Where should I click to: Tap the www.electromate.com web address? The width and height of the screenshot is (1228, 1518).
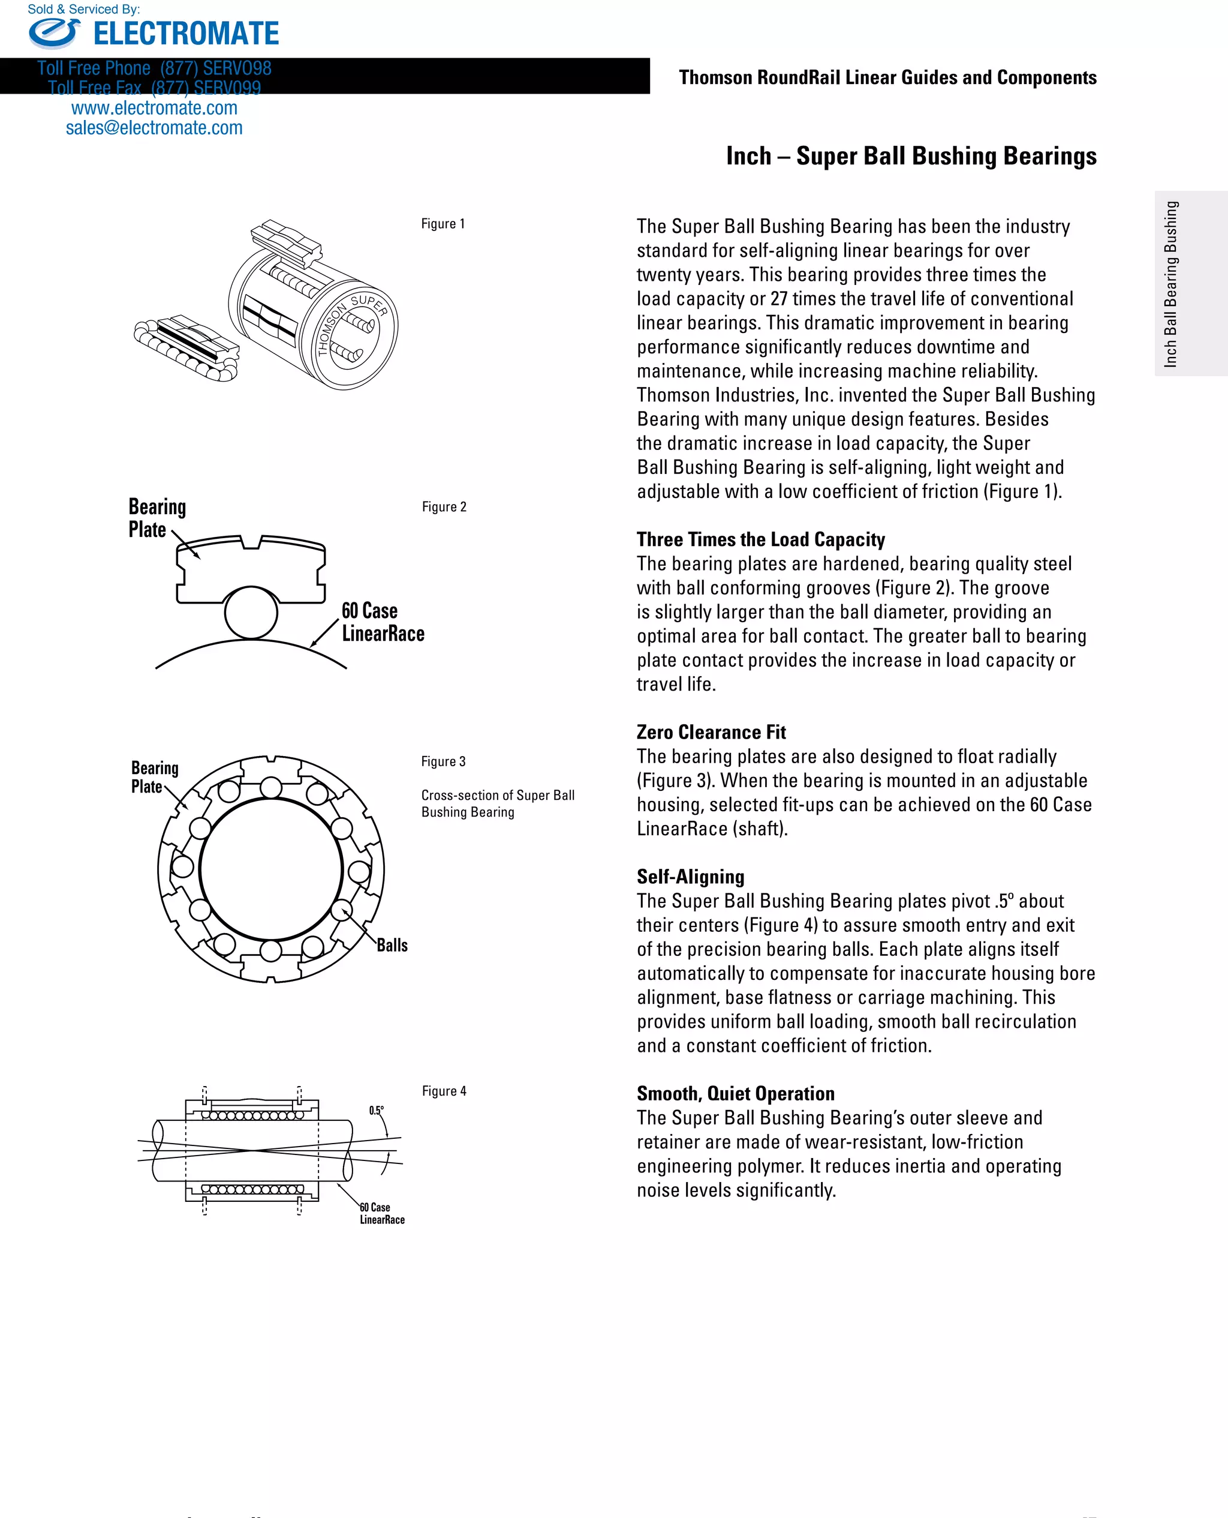pyautogui.click(x=154, y=108)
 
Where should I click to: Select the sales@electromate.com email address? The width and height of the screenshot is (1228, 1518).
pyautogui.click(x=154, y=128)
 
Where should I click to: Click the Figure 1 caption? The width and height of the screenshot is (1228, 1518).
pyautogui.click(x=443, y=224)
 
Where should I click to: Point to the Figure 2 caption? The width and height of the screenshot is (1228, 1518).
pyautogui.click(x=444, y=507)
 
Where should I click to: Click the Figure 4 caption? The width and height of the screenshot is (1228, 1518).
pyautogui.click(x=444, y=1091)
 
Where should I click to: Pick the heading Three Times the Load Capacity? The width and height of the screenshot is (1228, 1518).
pyautogui.click(x=760, y=539)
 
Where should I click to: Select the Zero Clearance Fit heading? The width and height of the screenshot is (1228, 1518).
pyautogui.click(x=711, y=732)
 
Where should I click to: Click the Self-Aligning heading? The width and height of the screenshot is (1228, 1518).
pyautogui.click(x=690, y=877)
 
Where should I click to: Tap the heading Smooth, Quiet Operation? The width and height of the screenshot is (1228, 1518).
pyautogui.click(x=736, y=1093)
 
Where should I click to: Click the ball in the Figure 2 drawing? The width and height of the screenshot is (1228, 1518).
pyautogui.click(x=251, y=613)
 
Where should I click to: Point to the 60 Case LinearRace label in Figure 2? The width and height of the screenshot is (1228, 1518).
pyautogui.click(x=383, y=622)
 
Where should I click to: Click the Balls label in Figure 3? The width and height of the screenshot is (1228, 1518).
pyautogui.click(x=392, y=946)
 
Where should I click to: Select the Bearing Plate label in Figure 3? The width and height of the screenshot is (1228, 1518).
pyautogui.click(x=154, y=777)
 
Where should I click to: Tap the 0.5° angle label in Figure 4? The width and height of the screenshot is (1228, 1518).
pyautogui.click(x=377, y=1111)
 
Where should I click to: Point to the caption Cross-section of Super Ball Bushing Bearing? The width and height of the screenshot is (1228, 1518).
pyautogui.click(x=497, y=803)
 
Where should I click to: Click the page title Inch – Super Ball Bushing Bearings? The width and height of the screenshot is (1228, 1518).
pyautogui.click(x=911, y=155)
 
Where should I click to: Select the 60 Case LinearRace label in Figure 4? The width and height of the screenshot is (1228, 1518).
pyautogui.click(x=381, y=1213)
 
